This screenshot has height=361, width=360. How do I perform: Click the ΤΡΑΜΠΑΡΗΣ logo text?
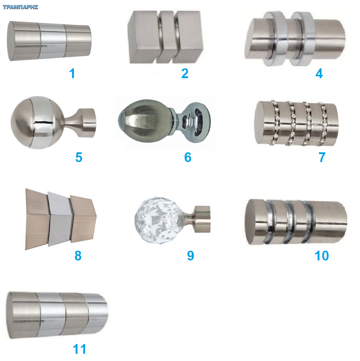pos(20,7)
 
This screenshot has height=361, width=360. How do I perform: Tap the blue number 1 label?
pos(72,73)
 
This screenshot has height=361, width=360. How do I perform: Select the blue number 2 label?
pos(185,73)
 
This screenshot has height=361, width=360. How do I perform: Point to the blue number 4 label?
pos(319,73)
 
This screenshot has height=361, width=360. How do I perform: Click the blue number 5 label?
pos(79,157)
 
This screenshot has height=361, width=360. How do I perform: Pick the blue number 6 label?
pos(188,157)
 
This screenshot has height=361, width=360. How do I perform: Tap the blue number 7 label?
pos(322,157)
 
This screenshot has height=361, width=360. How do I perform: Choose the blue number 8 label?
pos(78,255)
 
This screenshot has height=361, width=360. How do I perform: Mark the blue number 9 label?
pos(191,255)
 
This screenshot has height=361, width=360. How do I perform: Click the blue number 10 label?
pos(322,255)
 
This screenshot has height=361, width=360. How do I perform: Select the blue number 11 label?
pos(79,349)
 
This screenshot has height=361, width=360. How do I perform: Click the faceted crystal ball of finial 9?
pos(159,220)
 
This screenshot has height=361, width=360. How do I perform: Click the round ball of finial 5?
pos(37,123)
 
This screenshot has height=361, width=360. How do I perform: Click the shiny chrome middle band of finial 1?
pos(53,41)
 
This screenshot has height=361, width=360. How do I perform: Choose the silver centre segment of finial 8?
pos(60,219)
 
